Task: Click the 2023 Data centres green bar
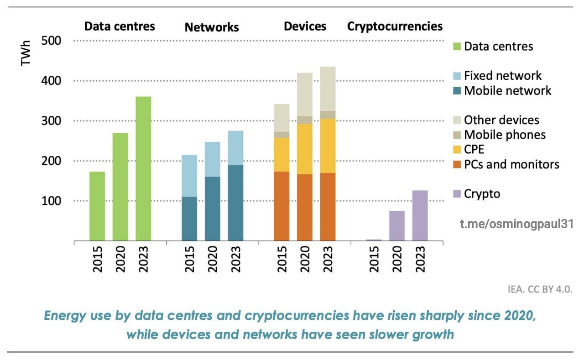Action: (143, 168)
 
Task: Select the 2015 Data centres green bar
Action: (97, 206)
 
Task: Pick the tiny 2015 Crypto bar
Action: (374, 240)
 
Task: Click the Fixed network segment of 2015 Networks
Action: (189, 176)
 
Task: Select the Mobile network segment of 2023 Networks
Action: (235, 203)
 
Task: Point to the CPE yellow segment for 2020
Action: (305, 149)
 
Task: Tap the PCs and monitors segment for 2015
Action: (282, 206)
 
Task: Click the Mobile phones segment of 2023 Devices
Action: (328, 115)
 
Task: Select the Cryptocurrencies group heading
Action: (395, 26)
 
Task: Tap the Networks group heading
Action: (212, 27)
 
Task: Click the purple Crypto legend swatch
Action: (457, 194)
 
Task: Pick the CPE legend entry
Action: (474, 149)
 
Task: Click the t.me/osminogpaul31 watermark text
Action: (516, 224)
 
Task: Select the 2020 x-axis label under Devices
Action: (305, 259)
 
